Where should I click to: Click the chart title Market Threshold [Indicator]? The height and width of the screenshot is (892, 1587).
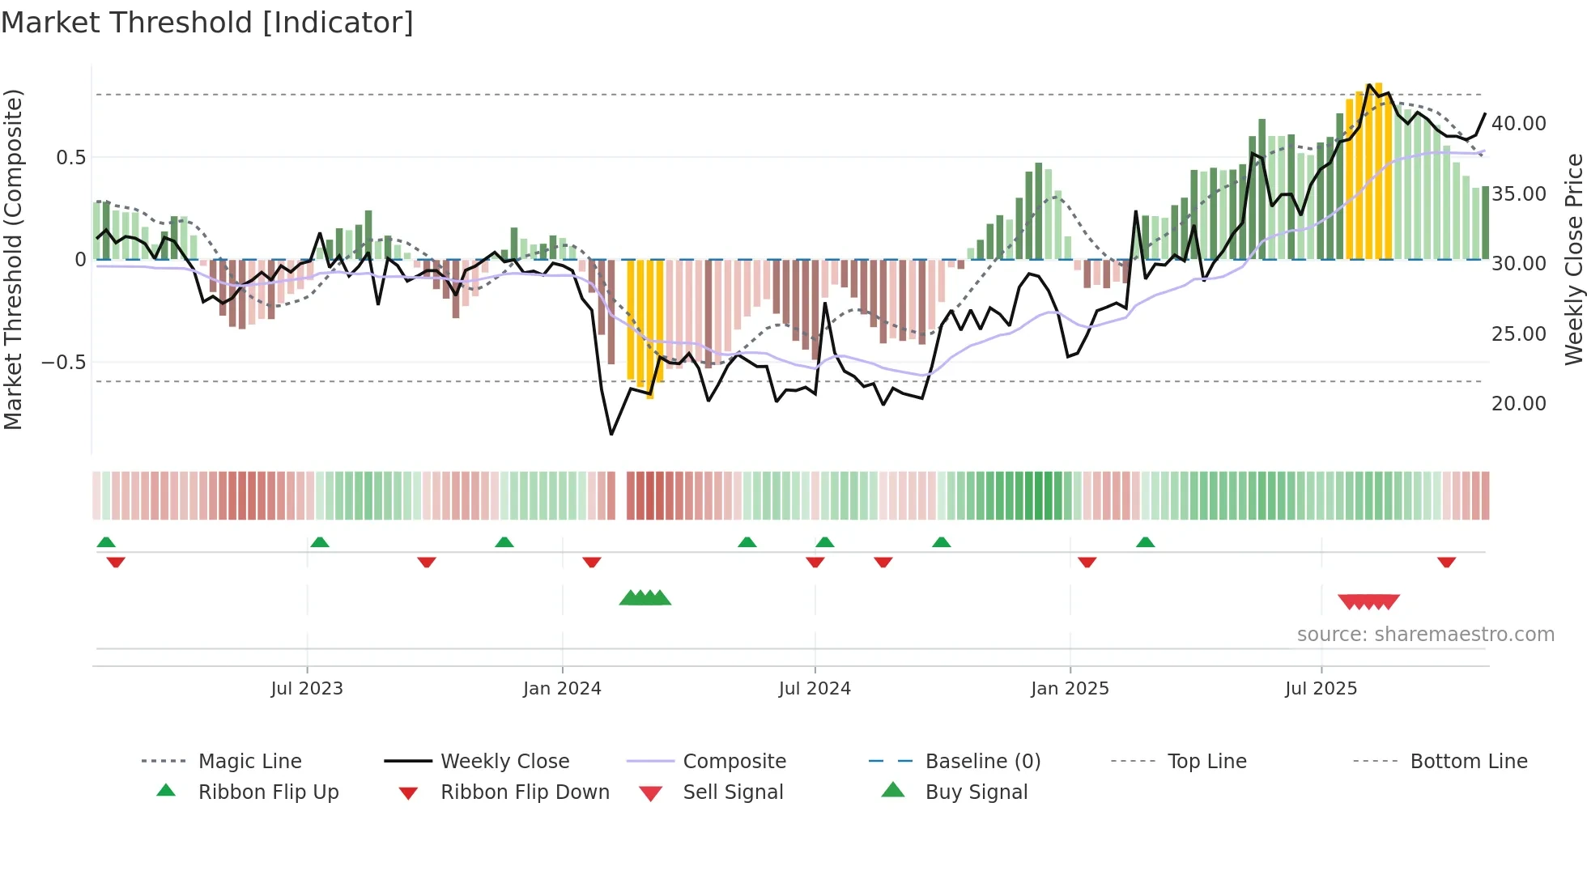207,23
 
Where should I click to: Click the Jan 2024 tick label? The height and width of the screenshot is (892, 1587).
562,688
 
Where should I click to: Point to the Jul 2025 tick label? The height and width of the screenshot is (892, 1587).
1321,688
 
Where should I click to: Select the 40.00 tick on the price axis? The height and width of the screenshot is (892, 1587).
1518,123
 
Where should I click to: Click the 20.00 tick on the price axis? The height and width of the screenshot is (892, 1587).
1518,403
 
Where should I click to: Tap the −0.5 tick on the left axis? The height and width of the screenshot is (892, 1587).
64,362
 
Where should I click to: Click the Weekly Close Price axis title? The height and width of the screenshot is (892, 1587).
1573,259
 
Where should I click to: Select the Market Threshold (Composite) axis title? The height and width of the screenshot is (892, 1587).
13,259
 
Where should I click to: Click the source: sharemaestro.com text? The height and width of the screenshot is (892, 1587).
1425,634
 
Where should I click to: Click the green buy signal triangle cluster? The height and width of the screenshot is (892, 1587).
645,598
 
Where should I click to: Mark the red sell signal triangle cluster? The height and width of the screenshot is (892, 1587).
1368,601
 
